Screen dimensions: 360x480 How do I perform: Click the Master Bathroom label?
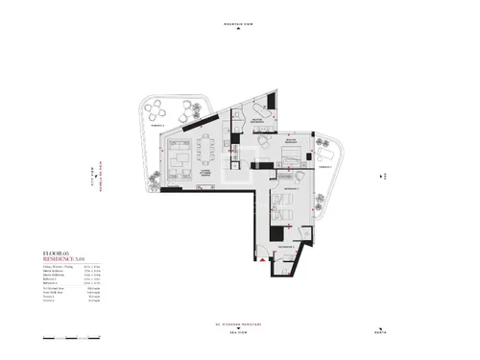coord(257,122)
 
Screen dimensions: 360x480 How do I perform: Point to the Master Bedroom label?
coord(291,142)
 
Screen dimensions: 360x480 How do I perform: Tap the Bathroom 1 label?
coord(285,247)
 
